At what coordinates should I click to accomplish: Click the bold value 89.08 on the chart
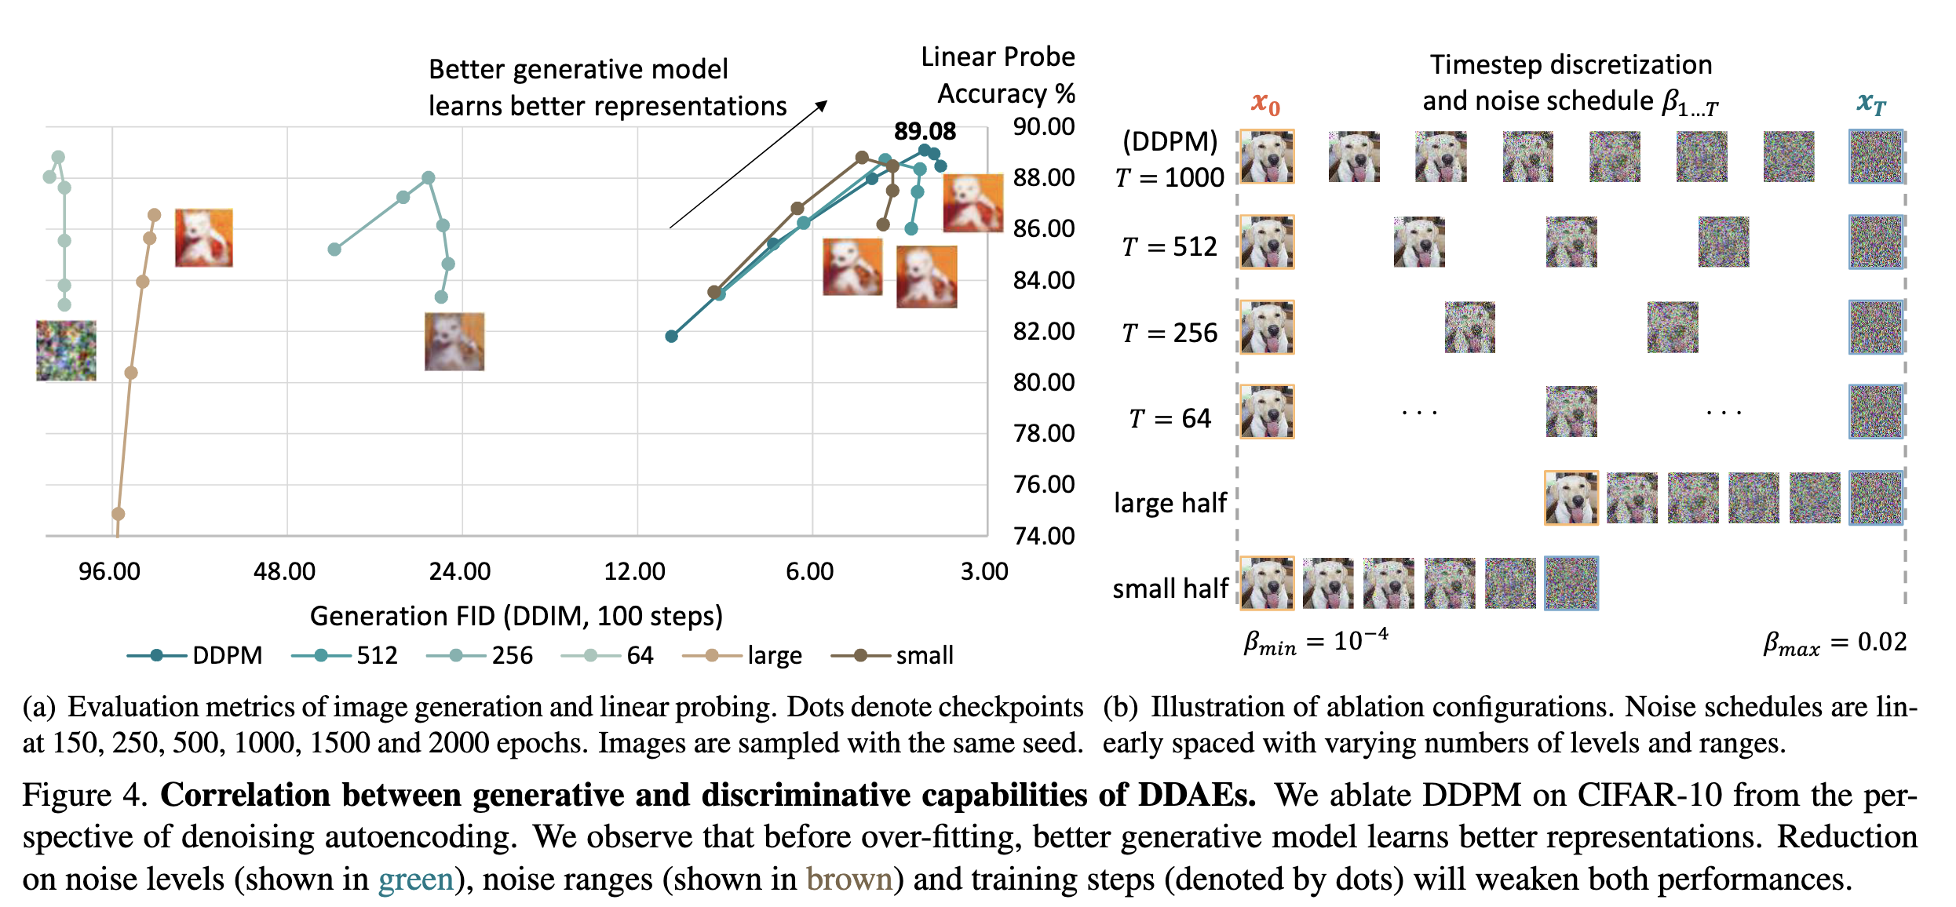pos(925,131)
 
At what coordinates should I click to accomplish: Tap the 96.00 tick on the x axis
pos(109,571)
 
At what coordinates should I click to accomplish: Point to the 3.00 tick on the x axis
pos(984,571)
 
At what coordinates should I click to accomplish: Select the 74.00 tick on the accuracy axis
pos(1043,536)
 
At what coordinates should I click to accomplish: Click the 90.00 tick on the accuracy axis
pos(1043,126)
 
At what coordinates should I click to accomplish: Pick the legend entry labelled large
pos(743,655)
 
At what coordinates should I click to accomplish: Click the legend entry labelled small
pos(892,655)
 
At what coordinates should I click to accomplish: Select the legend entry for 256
pos(480,655)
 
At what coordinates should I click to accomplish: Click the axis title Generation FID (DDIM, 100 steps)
pos(516,616)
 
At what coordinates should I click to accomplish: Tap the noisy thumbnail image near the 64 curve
pos(66,351)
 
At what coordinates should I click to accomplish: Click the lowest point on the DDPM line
pos(671,336)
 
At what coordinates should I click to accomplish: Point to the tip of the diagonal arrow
pos(827,101)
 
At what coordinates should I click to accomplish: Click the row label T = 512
pos(1169,247)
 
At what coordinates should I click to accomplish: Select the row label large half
pos(1170,503)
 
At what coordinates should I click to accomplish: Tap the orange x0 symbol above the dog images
pos(1265,103)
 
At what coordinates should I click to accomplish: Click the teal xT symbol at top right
pos(1871,103)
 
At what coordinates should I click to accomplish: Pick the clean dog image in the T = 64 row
pos(1267,412)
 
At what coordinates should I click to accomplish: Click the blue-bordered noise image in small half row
pos(1571,583)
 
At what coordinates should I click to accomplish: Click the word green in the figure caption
pos(416,880)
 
